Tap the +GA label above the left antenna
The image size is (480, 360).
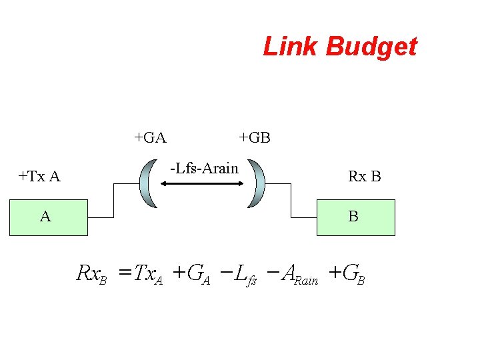(x=150, y=138)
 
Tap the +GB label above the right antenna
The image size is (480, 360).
(x=255, y=138)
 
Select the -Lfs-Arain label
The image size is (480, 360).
(x=204, y=168)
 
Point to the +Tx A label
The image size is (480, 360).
(x=39, y=177)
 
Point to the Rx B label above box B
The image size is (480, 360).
(x=364, y=177)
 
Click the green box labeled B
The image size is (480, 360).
(x=355, y=217)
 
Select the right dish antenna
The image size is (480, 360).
(x=257, y=183)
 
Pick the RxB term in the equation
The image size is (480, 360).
(x=92, y=274)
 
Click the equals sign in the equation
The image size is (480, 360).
(x=124, y=273)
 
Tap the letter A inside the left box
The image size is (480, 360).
(x=45, y=217)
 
